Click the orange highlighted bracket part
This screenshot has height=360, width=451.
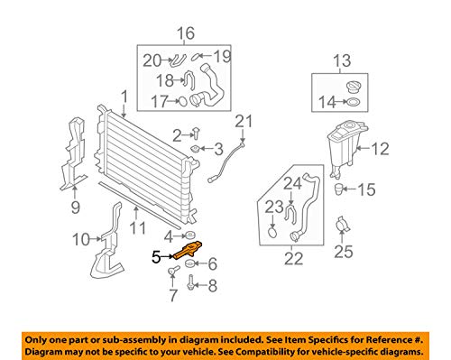click(188, 250)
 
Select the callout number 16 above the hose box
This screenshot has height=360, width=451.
click(186, 33)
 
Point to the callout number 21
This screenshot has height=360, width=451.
click(244, 122)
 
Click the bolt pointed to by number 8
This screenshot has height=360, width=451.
click(190, 282)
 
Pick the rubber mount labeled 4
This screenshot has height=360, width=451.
click(189, 235)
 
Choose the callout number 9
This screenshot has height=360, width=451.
click(75, 208)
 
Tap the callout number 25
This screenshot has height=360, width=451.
click(344, 252)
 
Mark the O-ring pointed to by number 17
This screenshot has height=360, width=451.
click(183, 101)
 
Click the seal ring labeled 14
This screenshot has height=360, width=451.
click(354, 102)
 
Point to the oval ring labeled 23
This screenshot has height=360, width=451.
click(272, 232)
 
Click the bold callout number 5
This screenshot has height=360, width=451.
click(156, 257)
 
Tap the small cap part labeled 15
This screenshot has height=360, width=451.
click(339, 189)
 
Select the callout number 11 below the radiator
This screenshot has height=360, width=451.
click(137, 228)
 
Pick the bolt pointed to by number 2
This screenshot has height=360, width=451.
click(196, 133)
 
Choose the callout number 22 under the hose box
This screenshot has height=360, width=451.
click(293, 258)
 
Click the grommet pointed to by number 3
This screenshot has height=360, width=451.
click(196, 149)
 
